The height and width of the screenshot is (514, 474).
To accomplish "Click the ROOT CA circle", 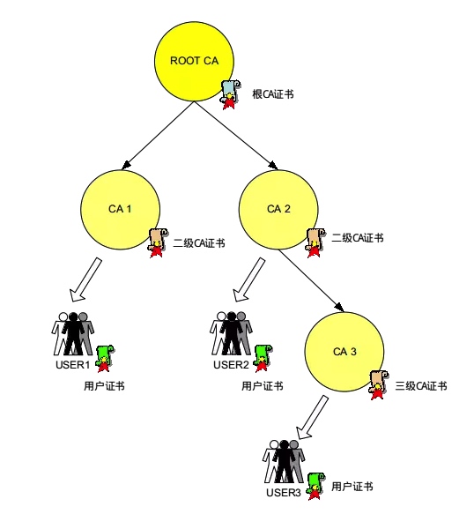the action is (194, 62).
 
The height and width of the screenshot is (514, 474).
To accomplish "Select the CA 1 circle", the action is (120, 210).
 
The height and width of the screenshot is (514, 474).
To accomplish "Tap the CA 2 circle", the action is (278, 210).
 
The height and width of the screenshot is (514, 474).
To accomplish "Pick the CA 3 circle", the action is (344, 352).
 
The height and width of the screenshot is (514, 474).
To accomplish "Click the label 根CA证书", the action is (273, 94).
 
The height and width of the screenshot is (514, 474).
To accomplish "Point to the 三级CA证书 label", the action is (421, 386).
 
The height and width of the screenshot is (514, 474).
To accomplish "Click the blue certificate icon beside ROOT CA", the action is (230, 94).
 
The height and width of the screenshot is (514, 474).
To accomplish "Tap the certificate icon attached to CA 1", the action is (158, 243).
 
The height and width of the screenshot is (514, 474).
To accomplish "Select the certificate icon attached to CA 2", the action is (315, 243).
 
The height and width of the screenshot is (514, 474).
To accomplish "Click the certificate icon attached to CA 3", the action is (379, 385).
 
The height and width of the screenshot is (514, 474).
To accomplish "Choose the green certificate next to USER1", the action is (105, 358).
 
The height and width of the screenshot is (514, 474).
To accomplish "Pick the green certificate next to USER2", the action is (263, 358).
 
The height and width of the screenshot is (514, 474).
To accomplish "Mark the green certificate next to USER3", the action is (315, 487).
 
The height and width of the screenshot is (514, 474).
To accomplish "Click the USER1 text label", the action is (73, 365).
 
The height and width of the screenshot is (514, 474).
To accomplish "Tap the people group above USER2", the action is (231, 333).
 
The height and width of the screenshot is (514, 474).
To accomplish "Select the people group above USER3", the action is (284, 462).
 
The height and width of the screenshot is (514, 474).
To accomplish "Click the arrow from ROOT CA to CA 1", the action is (158, 136).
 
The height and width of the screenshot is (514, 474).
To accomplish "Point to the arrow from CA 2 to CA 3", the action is (311, 280).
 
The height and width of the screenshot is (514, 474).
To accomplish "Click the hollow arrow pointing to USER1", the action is (85, 279).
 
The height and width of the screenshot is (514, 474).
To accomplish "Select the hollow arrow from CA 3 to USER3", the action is (312, 417).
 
